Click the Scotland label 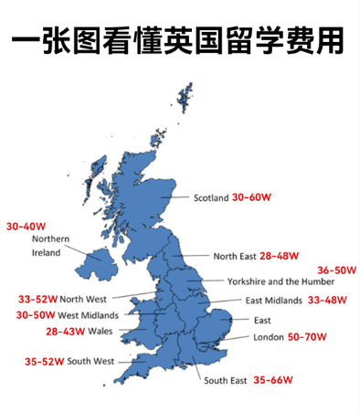click(211, 197)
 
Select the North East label click(235, 257)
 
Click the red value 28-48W click(280, 257)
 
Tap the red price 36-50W click(336, 270)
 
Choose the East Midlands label click(275, 301)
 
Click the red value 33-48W click(327, 301)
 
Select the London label click(269, 337)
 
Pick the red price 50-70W click(307, 337)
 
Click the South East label click(226, 380)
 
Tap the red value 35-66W click(273, 380)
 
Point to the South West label click(90, 361)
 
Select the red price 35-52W click(44, 361)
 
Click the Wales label click(101, 331)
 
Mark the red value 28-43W click(65, 331)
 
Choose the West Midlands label click(88, 315)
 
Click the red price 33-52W click(37, 299)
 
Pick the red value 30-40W click(26, 226)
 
